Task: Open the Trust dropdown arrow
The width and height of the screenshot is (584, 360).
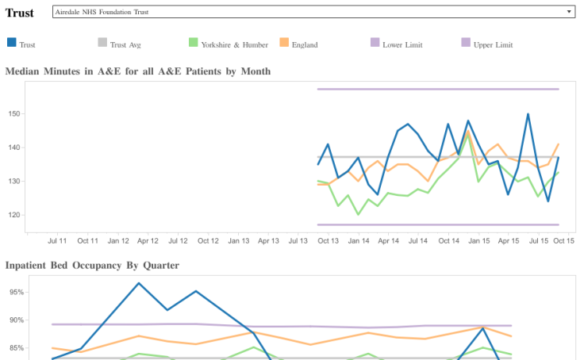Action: (x=569, y=12)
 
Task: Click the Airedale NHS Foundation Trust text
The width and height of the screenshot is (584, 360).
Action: (x=102, y=12)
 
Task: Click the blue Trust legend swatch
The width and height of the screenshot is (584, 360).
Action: (x=12, y=44)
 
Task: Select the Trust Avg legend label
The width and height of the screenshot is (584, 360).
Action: (x=125, y=45)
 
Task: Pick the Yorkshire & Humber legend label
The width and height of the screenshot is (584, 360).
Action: (x=234, y=45)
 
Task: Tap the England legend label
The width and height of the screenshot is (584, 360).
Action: (x=305, y=45)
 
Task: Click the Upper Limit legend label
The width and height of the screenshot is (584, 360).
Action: (x=493, y=45)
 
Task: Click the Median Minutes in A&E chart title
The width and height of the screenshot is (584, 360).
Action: (x=138, y=71)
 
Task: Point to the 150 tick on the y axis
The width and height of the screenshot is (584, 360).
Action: (x=13, y=113)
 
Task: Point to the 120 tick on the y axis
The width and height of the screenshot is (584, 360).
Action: (x=13, y=215)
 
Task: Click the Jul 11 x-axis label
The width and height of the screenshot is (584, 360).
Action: (x=57, y=240)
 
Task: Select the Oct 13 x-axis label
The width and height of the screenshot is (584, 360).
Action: (x=328, y=240)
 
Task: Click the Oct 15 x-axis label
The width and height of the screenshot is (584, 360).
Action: (x=563, y=240)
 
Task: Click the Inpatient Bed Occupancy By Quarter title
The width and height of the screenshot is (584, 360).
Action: (x=92, y=265)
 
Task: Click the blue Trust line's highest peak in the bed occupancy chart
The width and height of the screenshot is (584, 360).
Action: (x=139, y=283)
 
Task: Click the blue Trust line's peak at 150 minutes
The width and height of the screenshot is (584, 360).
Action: (x=528, y=114)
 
